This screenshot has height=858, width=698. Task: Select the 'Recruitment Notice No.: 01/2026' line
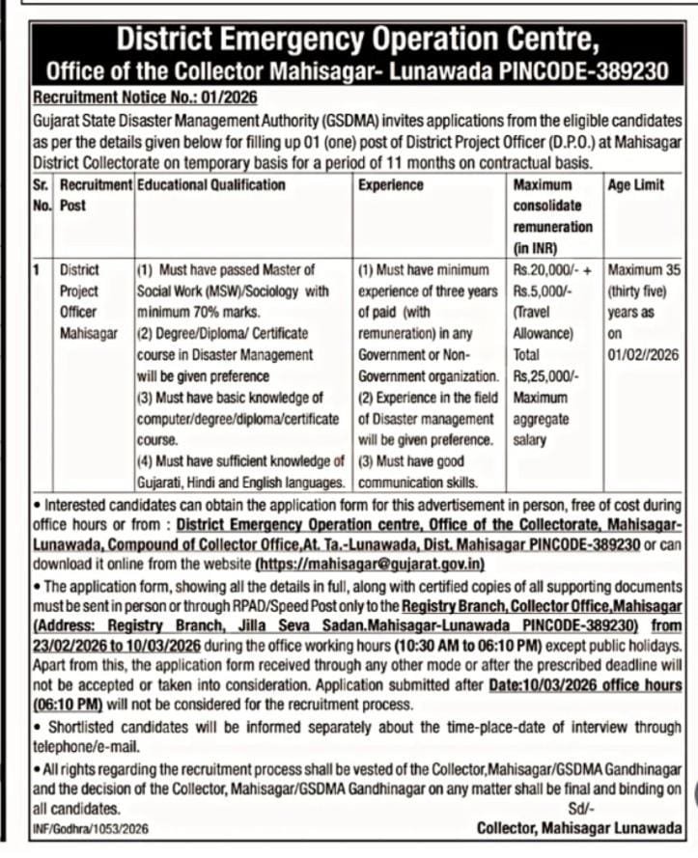pyautogui.click(x=146, y=97)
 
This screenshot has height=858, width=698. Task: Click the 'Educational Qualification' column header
pyautogui.click(x=210, y=184)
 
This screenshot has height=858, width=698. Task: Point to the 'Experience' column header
pyautogui.click(x=390, y=184)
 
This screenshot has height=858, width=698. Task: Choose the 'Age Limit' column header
pyautogui.click(x=635, y=184)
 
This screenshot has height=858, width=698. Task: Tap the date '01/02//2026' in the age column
pyautogui.click(x=643, y=354)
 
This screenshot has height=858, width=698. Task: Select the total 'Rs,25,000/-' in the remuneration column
pyautogui.click(x=547, y=376)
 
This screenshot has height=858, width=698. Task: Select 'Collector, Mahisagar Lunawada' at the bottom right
pyautogui.click(x=578, y=829)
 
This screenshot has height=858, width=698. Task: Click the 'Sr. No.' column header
pyautogui.click(x=42, y=194)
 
